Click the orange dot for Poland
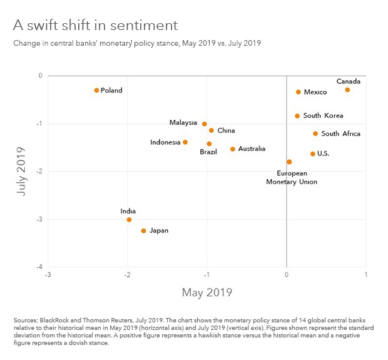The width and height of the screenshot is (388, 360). [x=96, y=90]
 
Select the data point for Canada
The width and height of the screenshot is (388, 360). [x=347, y=90]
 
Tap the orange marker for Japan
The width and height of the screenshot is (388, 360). [x=143, y=230]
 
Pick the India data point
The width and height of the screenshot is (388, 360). [x=129, y=219]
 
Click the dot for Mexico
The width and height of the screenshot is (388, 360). [x=299, y=92]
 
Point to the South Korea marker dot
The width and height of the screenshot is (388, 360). [x=297, y=116]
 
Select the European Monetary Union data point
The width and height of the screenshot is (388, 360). [x=289, y=162]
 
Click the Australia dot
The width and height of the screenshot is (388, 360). [x=233, y=149]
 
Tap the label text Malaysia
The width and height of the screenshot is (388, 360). [x=183, y=123]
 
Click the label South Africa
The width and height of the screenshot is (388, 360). [x=340, y=133]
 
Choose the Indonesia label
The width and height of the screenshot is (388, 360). [x=165, y=142]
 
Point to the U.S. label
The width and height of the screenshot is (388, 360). [x=324, y=153]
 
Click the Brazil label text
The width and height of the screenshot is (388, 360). [x=208, y=152]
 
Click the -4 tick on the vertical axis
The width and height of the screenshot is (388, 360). [x=39, y=267]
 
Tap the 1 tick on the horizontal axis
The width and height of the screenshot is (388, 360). [x=365, y=274]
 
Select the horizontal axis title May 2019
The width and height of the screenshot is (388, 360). [x=207, y=292]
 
